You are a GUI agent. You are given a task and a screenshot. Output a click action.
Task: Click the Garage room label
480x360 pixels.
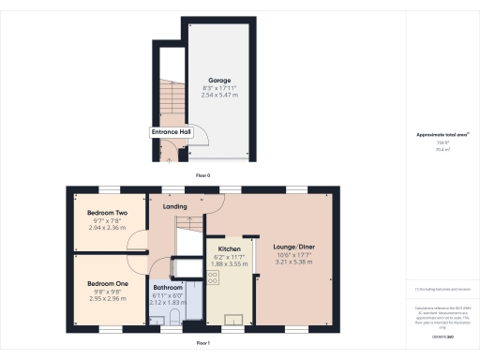[219, 81]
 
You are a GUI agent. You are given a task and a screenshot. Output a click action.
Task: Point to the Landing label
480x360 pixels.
[175, 206]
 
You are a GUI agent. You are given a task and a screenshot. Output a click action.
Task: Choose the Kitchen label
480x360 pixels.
[217, 248]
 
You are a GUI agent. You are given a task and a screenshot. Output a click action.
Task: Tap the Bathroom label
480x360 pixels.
[170, 288]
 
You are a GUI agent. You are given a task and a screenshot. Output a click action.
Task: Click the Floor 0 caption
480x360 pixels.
[202, 175]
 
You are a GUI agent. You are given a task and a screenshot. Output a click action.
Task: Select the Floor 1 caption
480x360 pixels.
[202, 344]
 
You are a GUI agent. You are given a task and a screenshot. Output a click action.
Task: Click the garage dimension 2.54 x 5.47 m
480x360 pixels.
[219, 96]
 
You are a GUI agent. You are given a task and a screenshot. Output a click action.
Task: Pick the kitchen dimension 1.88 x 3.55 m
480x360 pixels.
[217, 263]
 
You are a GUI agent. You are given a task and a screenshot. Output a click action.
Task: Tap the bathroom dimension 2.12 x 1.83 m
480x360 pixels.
[169, 302]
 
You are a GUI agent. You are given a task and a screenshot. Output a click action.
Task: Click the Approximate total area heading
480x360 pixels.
[442, 135]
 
